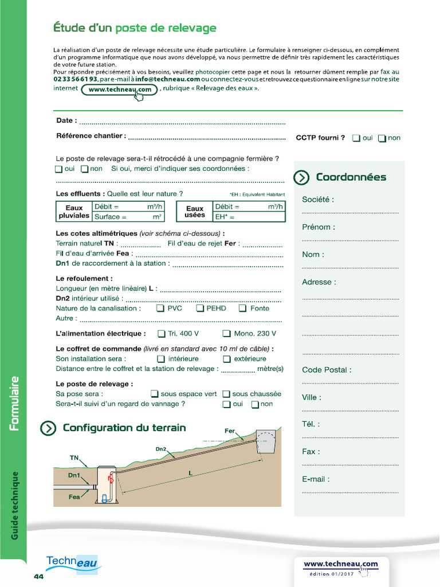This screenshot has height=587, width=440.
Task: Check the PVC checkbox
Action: coord(160,308)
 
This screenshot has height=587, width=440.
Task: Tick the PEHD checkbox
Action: coord(200,308)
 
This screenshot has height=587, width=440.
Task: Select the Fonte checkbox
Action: coord(242,308)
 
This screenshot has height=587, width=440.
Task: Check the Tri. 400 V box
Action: coord(162,334)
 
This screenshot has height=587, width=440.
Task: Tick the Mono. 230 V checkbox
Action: coord(227,334)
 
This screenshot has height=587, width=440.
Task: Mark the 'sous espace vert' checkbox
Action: coord(155,394)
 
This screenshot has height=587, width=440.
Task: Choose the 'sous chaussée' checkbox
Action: coord(226,394)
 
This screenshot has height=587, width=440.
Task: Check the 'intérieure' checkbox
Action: coord(161,359)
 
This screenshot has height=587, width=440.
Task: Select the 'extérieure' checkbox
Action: coord(227,359)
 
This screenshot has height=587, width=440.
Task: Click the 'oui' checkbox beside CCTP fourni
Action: coord(356,138)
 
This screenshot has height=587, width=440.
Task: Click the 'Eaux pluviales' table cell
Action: coord(74,212)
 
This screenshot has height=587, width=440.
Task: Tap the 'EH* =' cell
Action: coord(249,217)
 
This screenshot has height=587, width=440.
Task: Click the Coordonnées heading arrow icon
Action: coord(301,178)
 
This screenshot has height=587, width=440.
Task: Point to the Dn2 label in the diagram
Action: coord(161,449)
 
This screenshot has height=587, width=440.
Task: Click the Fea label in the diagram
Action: coord(74,497)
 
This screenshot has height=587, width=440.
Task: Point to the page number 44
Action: coord(38,576)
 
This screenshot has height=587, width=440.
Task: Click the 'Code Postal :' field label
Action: coord(327,370)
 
